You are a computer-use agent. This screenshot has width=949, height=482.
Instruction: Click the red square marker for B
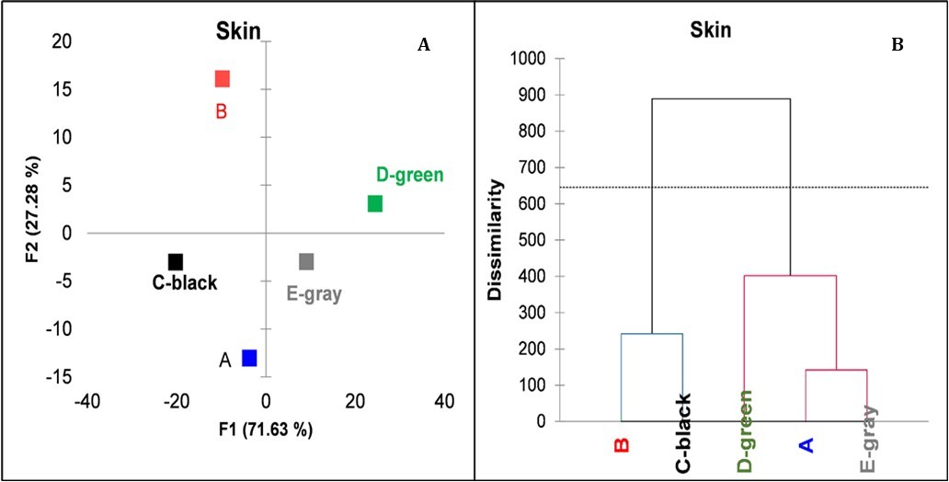point(222,79)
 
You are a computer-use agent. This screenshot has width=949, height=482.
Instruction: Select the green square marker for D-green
point(375,203)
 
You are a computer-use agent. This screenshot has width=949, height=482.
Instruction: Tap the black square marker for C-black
point(176,262)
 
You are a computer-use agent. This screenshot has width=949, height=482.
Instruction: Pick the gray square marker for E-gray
point(306,261)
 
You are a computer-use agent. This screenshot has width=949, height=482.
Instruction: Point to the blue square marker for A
point(249,358)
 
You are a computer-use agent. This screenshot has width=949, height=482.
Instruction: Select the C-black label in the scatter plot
point(185,283)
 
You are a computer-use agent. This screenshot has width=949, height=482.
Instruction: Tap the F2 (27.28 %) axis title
point(32,210)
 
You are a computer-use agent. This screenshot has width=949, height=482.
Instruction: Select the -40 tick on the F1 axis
point(87,401)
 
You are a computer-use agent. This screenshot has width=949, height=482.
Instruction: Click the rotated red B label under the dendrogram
point(622,445)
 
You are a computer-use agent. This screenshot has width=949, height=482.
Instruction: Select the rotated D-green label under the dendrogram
point(745,430)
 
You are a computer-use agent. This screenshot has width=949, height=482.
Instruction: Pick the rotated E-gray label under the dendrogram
point(867,439)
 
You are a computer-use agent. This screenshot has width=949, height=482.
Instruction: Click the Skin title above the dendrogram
point(711,30)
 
